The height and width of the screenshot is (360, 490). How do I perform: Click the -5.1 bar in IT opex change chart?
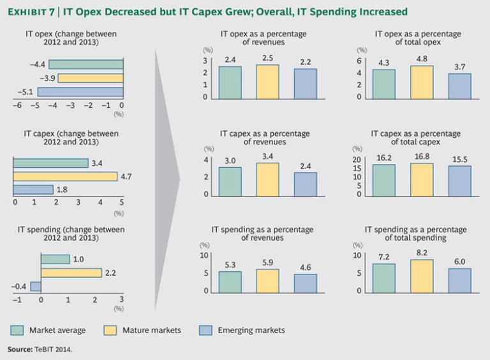(x=80, y=93)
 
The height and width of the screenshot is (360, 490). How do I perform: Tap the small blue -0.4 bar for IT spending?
(x=36, y=286)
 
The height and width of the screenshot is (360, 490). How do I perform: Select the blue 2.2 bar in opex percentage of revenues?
(x=305, y=83)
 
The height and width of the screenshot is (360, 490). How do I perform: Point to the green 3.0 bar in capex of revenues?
(x=230, y=181)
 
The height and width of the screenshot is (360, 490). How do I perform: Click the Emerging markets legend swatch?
(x=205, y=330)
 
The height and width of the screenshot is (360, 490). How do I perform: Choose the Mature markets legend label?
(x=151, y=330)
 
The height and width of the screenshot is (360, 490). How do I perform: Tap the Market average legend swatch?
(x=17, y=330)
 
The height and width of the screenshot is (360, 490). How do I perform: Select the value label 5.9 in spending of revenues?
(x=268, y=262)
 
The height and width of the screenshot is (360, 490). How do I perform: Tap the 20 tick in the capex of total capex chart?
(x=358, y=160)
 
